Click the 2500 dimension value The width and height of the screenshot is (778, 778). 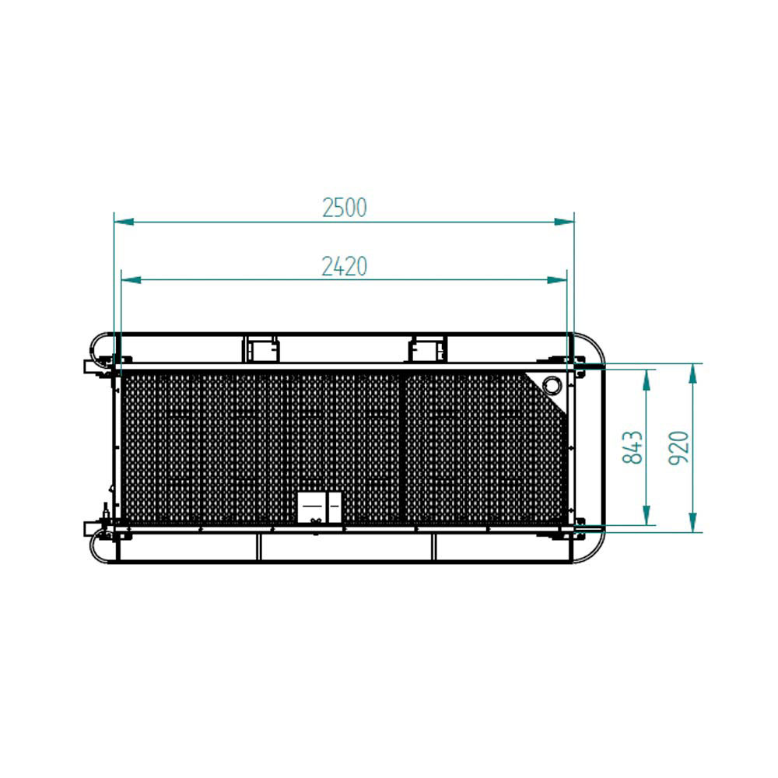[345, 208]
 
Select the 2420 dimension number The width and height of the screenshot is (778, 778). [345, 266]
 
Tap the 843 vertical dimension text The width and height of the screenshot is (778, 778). [633, 447]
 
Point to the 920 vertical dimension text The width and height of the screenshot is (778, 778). [679, 448]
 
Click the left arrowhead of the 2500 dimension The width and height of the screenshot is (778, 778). [124, 222]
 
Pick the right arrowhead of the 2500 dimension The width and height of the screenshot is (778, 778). [564, 222]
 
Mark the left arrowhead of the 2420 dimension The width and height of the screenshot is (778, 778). [131, 280]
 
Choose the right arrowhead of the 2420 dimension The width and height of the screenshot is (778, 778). [557, 280]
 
